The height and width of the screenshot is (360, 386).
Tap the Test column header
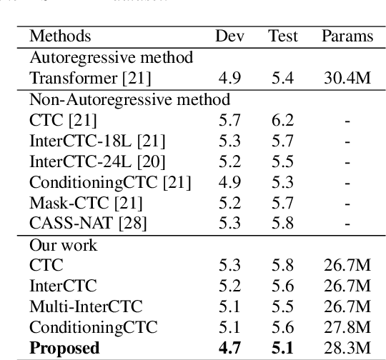click(x=283, y=36)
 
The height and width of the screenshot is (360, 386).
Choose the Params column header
click(x=347, y=36)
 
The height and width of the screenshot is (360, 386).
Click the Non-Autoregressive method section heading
click(x=109, y=99)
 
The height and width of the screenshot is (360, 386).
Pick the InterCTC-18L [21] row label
click(x=88, y=141)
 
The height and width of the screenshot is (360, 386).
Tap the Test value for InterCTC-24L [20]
click(x=283, y=162)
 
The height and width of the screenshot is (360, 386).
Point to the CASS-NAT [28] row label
click(x=79, y=224)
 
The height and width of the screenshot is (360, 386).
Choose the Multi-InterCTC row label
click(x=76, y=307)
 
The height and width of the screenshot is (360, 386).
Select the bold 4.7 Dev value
click(x=228, y=349)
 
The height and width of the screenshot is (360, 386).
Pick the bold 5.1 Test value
click(x=283, y=349)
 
